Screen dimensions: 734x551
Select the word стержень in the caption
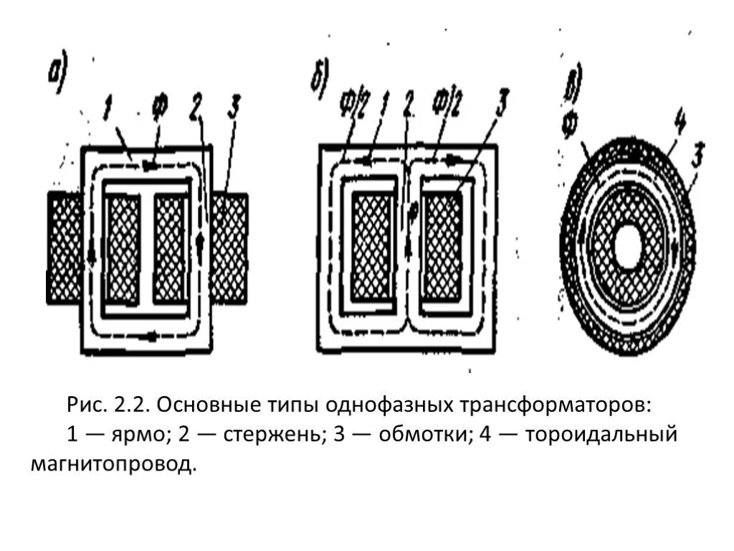point(261,435)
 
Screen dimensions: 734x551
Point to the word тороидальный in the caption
point(602,435)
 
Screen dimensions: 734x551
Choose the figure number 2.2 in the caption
point(128,405)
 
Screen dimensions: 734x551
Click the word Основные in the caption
point(206,405)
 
